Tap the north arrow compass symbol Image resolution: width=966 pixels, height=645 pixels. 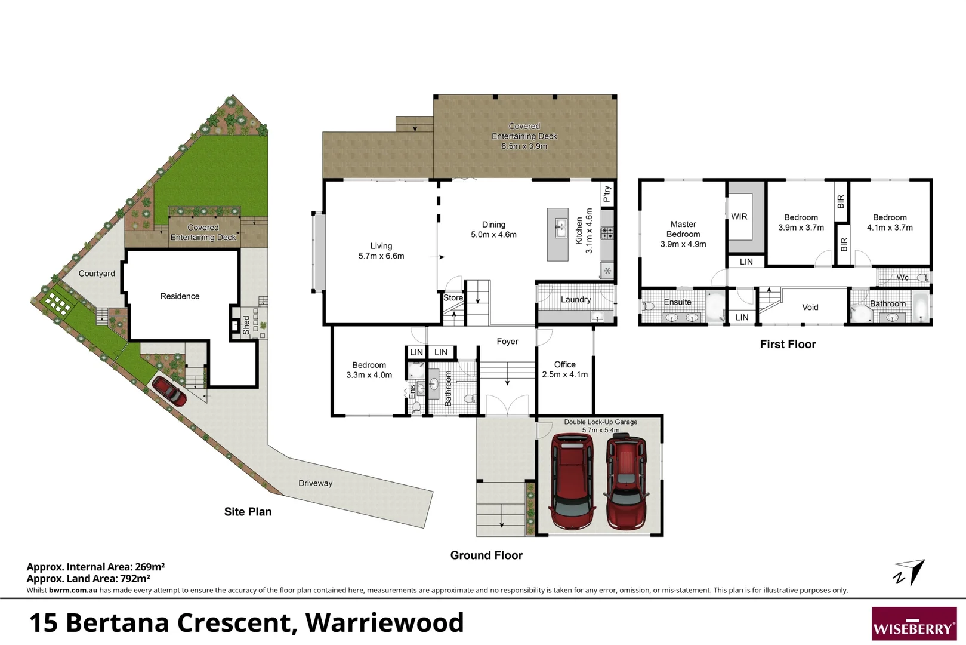coord(910,573)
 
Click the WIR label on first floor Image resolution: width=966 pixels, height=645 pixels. coord(739,217)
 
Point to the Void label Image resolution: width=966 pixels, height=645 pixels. coord(810,307)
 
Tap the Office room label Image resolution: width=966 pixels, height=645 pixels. coord(564,364)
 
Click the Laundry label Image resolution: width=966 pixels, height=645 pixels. coord(576,300)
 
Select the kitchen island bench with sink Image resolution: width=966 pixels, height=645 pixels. coord(558,234)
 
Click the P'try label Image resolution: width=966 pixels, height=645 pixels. coord(607,194)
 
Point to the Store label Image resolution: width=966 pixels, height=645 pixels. coord(453,297)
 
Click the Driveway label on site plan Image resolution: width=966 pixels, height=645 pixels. coord(315,483)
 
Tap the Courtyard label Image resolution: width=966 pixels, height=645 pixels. coord(97,274)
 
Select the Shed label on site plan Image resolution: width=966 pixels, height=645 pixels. coord(246,325)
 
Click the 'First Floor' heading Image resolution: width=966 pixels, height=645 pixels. coord(788,344)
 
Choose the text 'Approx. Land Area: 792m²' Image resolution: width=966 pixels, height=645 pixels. coord(88,578)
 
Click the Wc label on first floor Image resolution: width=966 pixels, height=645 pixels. coord(903,277)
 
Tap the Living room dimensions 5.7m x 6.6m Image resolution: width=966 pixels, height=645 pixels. coord(381,256)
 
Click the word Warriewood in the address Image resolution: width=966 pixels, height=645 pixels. coord(384,622)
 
